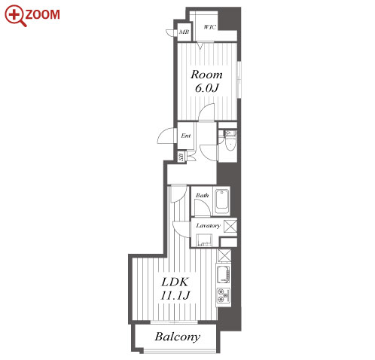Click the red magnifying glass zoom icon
pyautogui.click(x=15, y=16)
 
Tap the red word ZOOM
pyautogui.click(x=43, y=14)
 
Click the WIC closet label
pyautogui.click(x=209, y=27)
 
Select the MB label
pyautogui.click(x=184, y=32)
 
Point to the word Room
pyautogui.click(x=206, y=75)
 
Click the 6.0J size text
pyautogui.click(x=207, y=88)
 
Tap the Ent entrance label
pyautogui.click(x=186, y=136)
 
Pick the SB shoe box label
pyautogui.click(x=181, y=157)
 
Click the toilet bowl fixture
pyautogui.click(x=229, y=142)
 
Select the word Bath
pyautogui.click(x=202, y=195)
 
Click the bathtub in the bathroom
pyautogui.click(x=222, y=202)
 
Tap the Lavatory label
pyautogui.click(x=208, y=225)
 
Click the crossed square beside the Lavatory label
pyautogui.click(x=230, y=226)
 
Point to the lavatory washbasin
pyautogui.click(x=204, y=240)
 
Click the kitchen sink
pyautogui.click(x=224, y=273)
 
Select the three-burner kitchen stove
pyautogui.click(x=224, y=295)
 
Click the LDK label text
pyautogui.click(x=175, y=282)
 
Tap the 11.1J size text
pyautogui.click(x=175, y=295)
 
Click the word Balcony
pyautogui.click(x=178, y=337)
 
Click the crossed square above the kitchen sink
pyautogui.click(x=224, y=255)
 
